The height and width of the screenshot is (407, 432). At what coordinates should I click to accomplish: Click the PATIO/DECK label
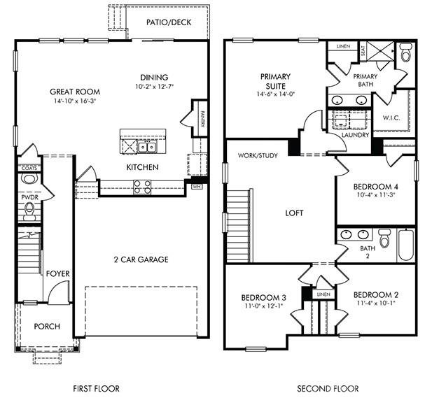165,22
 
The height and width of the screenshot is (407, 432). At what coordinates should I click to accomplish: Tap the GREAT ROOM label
75,92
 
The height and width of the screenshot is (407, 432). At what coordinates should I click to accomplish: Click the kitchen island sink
147,147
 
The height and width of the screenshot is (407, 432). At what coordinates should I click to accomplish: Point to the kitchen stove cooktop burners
142,186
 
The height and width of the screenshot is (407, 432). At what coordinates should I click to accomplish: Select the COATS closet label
29,168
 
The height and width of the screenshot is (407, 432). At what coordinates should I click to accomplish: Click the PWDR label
29,198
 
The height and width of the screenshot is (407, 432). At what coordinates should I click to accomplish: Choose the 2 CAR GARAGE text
141,260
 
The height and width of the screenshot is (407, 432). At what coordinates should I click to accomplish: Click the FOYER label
57,273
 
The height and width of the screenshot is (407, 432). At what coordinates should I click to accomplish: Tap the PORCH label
47,327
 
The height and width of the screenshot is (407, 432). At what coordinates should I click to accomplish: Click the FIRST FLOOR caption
96,389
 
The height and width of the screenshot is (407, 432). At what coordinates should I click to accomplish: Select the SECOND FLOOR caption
328,389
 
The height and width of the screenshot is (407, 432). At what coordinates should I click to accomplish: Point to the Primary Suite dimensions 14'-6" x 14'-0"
275,87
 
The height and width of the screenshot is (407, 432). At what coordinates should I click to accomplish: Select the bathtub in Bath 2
405,244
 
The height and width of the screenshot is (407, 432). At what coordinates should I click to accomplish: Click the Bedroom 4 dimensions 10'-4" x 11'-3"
376,196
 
